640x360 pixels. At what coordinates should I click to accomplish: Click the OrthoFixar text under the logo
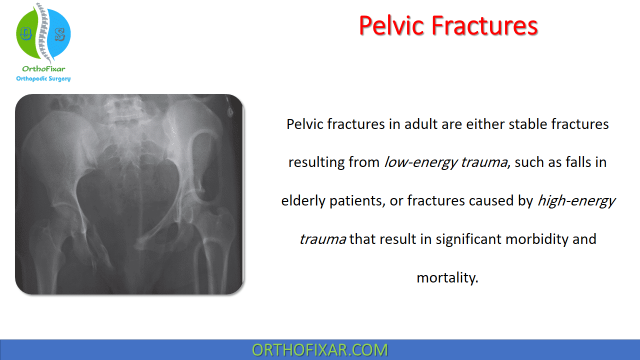43,69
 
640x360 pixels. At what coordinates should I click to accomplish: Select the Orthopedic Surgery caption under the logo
43,78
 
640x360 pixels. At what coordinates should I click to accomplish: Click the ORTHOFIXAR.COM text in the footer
319,350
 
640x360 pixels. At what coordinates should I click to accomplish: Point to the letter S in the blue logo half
59,34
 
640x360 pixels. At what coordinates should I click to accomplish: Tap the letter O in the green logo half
25,34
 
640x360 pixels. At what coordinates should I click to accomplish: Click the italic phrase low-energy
421,162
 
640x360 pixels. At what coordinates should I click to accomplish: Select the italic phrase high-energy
576,200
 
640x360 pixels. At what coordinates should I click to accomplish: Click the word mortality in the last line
447,277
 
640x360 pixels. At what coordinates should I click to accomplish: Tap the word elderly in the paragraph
303,200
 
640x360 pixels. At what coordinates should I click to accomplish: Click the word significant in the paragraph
468,239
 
